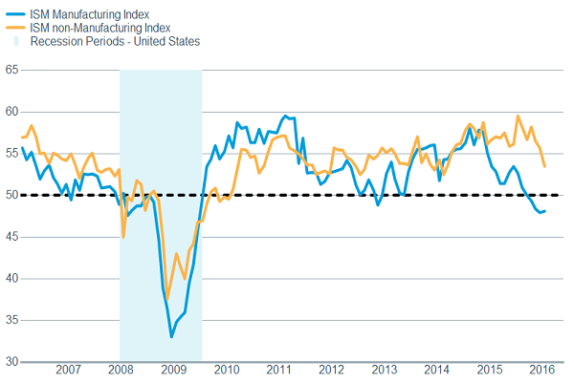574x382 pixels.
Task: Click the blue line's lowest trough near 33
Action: coord(171,336)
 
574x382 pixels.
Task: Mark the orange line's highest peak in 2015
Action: coord(518,117)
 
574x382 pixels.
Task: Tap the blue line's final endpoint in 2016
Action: coord(545,211)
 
